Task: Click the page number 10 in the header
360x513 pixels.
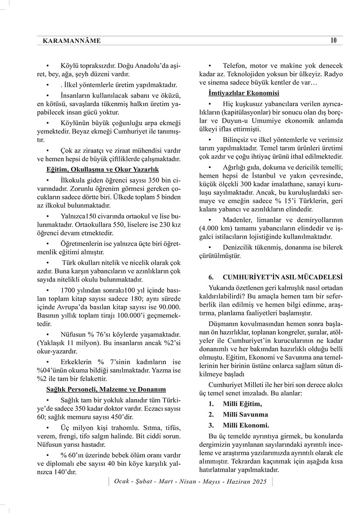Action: [333, 41]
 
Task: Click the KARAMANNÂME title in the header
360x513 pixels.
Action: [72, 41]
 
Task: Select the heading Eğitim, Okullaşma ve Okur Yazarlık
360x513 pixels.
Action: [103, 169]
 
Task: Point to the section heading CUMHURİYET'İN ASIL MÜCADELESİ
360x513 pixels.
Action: [283, 277]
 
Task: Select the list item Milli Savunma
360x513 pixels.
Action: [245, 415]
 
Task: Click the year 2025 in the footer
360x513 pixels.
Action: [259, 482]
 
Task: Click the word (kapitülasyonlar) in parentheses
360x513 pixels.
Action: [245, 112]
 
